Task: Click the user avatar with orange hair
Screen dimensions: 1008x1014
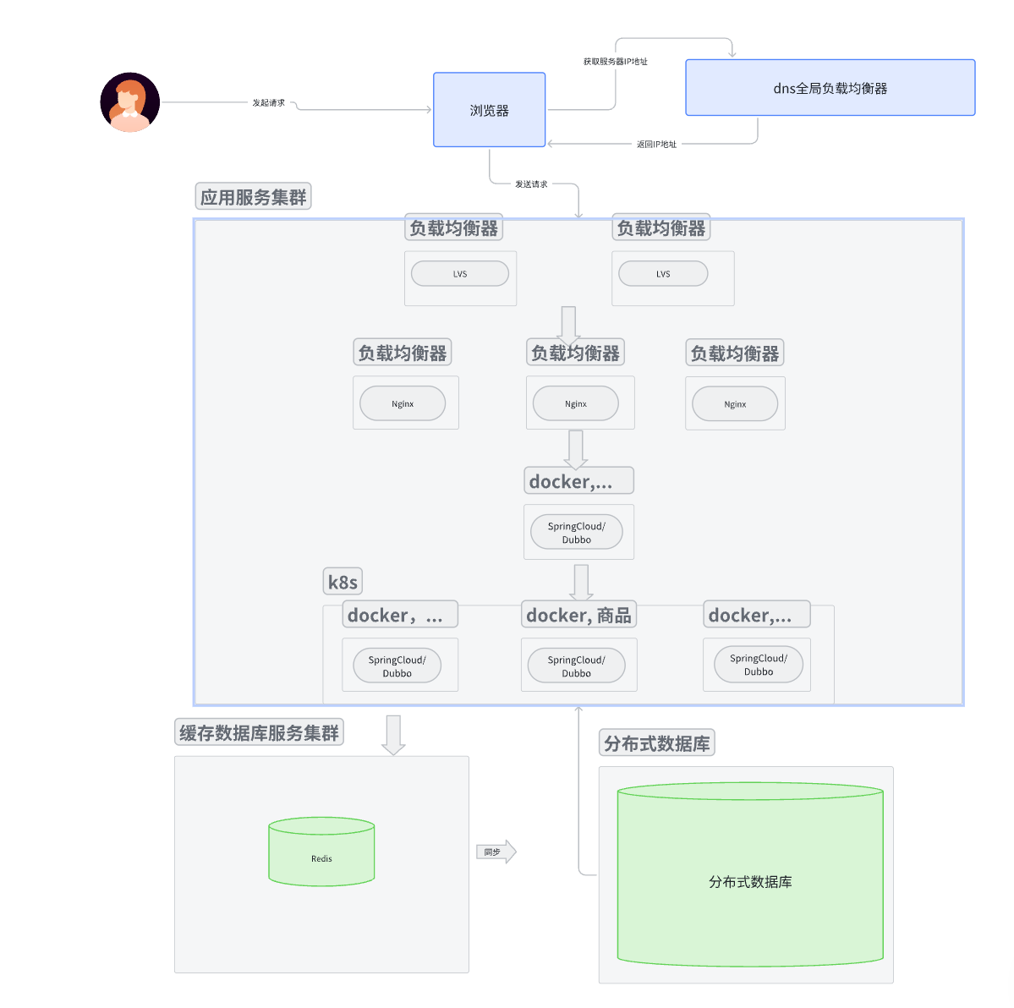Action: click(x=130, y=102)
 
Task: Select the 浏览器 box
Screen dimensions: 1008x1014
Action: click(x=489, y=110)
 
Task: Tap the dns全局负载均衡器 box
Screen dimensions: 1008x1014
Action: click(x=830, y=88)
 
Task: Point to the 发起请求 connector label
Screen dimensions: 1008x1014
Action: click(x=268, y=103)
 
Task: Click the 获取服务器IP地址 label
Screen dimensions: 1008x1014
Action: click(x=615, y=62)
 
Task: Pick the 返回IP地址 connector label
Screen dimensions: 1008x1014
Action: click(x=656, y=145)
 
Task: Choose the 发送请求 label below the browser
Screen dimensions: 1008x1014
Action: click(x=531, y=184)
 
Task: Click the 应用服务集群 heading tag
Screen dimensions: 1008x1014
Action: click(x=253, y=197)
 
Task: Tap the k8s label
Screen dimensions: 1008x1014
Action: click(x=343, y=582)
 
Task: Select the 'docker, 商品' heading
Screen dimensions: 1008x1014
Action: click(x=578, y=615)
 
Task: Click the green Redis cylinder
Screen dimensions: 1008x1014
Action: click(x=321, y=852)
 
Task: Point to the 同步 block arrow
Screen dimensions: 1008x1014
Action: click(x=496, y=852)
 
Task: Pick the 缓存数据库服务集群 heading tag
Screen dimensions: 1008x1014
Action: click(x=259, y=732)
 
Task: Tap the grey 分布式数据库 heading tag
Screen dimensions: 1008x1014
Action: click(x=656, y=743)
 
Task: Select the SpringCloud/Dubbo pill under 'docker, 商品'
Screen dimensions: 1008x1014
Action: click(x=576, y=666)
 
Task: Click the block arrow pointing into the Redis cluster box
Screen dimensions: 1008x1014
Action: click(x=393, y=734)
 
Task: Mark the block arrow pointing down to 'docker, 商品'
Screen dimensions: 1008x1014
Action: click(x=581, y=583)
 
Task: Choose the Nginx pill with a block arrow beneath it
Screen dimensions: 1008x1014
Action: click(x=575, y=404)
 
